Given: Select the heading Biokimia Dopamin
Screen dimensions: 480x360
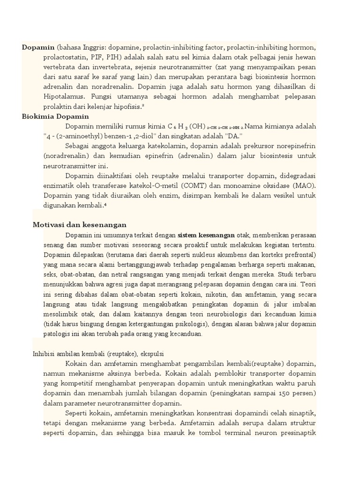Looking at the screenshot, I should [x=55, y=116].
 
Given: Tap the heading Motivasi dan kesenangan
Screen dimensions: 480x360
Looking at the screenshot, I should [x=80, y=225].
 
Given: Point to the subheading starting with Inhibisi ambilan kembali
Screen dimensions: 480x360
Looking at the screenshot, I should [x=98, y=353].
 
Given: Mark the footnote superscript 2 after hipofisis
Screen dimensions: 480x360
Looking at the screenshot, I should [x=143, y=105].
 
